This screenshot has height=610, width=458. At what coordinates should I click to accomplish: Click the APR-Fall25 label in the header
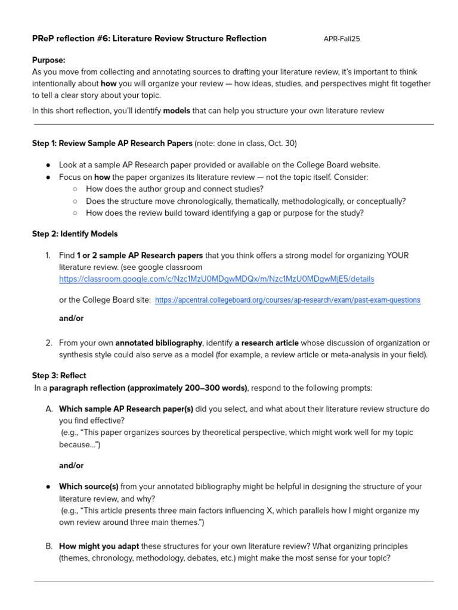click(x=342, y=39)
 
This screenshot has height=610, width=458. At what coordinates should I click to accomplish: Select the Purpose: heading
click(x=49, y=60)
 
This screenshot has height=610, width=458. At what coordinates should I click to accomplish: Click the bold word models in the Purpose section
click(x=177, y=110)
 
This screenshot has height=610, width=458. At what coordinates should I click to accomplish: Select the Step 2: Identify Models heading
click(x=75, y=234)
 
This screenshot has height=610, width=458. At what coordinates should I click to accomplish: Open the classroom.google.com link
click(x=216, y=279)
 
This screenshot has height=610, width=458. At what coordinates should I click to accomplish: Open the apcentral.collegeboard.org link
click(x=287, y=300)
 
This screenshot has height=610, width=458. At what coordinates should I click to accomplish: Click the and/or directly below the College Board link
click(x=71, y=318)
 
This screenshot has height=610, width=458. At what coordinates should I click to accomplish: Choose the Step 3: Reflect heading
click(x=59, y=376)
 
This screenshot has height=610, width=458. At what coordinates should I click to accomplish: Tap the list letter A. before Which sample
click(x=49, y=409)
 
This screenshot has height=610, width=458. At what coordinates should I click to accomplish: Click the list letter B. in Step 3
click(x=49, y=546)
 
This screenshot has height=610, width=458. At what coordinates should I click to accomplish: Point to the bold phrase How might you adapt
click(x=98, y=546)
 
